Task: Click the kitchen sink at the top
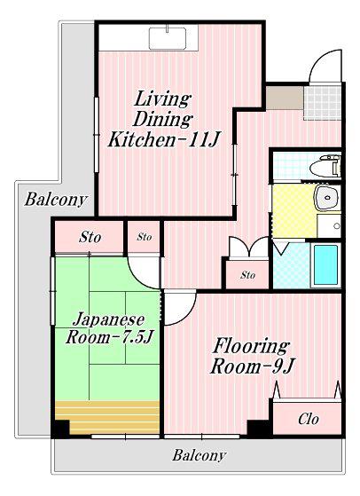[168, 38]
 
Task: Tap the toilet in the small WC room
[325, 166]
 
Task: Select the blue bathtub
[325, 264]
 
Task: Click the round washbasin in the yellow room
[326, 197]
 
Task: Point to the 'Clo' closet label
[309, 419]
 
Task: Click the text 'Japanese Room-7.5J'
[109, 328]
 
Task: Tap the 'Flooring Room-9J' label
[252, 356]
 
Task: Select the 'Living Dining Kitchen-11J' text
[163, 119]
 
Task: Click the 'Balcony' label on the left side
[56, 200]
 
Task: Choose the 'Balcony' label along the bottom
[200, 455]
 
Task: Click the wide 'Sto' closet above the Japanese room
[90, 237]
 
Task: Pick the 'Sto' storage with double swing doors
[247, 274]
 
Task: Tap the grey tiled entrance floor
[322, 102]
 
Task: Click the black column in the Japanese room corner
[60, 429]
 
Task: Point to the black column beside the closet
[260, 428]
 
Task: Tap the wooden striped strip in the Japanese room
[107, 417]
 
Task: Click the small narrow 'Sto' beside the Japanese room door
[145, 237]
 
